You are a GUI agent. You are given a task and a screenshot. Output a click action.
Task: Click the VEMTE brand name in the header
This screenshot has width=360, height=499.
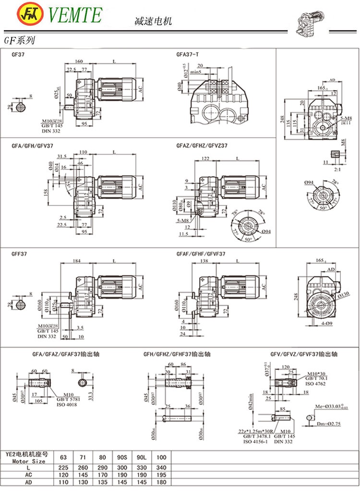point(76,15)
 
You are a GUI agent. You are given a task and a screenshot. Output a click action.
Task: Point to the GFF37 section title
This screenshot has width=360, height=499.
point(19,254)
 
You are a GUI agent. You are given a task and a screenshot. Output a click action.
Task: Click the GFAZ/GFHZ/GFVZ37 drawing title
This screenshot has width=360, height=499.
point(202,145)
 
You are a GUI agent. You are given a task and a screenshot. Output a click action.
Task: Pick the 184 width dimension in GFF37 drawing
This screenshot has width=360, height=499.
point(77,261)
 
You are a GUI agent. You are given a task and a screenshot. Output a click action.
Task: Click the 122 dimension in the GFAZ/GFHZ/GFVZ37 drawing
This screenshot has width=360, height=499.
point(206,158)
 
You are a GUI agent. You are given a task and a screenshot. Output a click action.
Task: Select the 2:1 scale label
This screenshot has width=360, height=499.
point(337,169)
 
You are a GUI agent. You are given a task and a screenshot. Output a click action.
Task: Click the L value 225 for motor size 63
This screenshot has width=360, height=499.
point(62,467)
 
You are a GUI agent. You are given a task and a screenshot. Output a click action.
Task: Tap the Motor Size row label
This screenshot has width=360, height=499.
point(28,461)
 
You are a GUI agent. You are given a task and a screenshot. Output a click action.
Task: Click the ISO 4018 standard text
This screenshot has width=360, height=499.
point(67,405)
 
